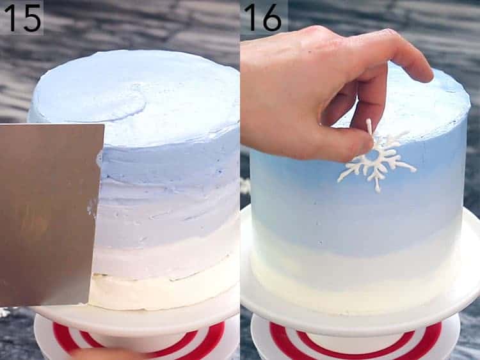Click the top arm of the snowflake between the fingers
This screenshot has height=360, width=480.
(369, 128)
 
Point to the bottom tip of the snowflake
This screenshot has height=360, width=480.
(378, 188)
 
